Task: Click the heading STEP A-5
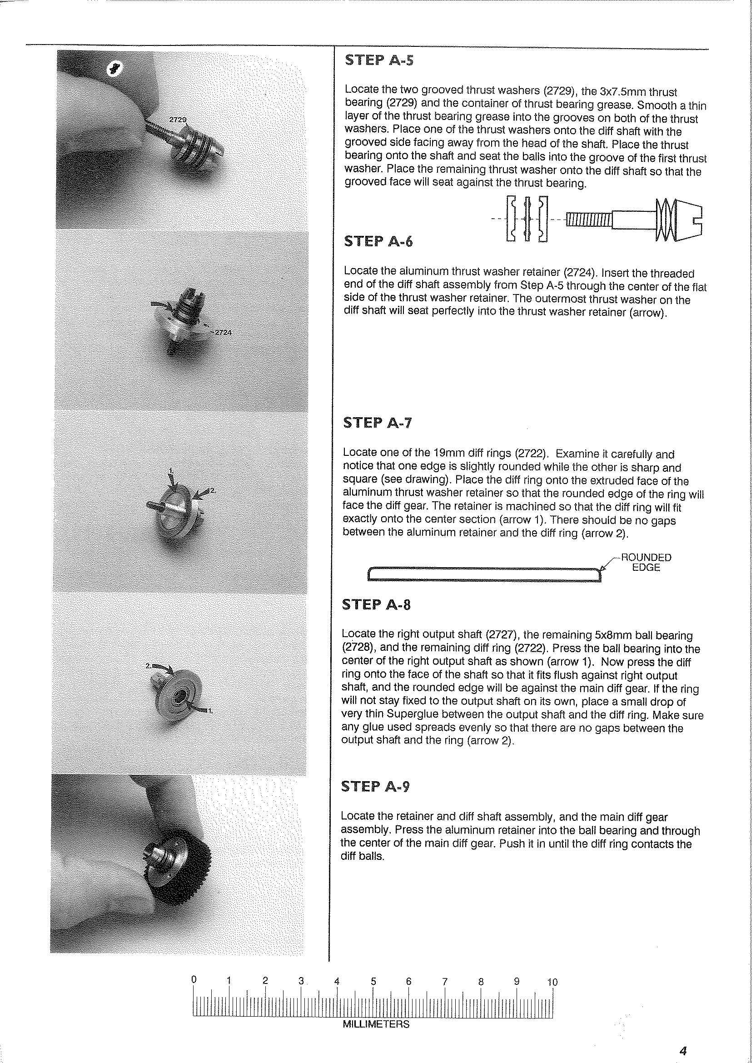tap(378, 60)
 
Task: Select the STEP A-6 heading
tap(378, 242)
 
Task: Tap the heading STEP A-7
tap(378, 423)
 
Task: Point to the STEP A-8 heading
tap(377, 604)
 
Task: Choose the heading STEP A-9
tap(376, 786)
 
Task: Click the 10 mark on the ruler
tap(552, 982)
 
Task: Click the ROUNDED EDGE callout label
tap(647, 563)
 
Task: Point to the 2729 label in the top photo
tap(177, 120)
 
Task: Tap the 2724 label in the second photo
tap(223, 333)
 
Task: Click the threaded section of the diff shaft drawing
tap(589, 220)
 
